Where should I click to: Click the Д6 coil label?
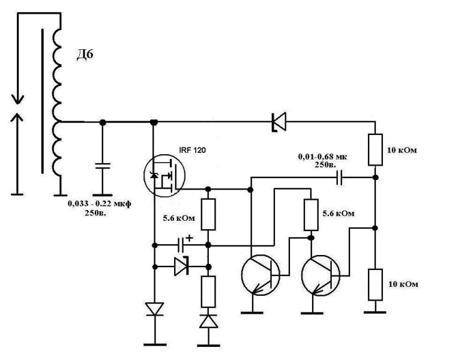pos(85,55)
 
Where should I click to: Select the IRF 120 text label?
pos(193,150)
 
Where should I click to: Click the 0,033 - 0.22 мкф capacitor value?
pos(99,203)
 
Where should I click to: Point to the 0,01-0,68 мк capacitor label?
pos(322,157)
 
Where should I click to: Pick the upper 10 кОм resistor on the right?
pos(375,150)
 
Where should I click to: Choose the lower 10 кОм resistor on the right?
pos(375,284)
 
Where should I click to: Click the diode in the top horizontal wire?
pos(279,121)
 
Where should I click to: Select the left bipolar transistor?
pos(261,275)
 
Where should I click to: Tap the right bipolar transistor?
pos(321,275)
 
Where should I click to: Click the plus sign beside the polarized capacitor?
pos(190,238)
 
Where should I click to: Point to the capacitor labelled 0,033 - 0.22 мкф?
pos(103,166)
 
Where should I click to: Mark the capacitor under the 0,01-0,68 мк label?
pos(339,178)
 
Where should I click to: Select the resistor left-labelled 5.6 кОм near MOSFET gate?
pos(208,215)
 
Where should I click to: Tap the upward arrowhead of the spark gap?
pos(17,118)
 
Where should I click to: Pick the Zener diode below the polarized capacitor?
pos(181,266)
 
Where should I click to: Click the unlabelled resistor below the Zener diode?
pos(208,292)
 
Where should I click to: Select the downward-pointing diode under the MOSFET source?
pos(155,309)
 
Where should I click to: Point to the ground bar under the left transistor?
pos(252,313)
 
